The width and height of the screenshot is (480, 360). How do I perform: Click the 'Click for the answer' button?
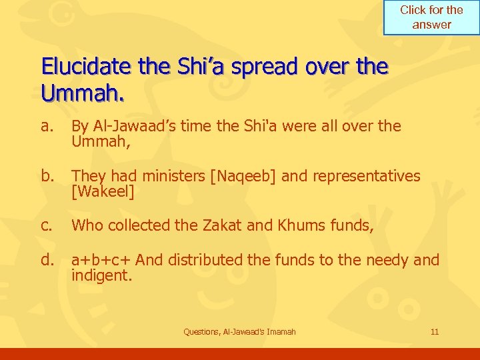431,17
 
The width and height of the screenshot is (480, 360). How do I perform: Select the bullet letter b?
47,176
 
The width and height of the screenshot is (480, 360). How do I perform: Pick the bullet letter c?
46,225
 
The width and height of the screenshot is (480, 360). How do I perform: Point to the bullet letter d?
47,259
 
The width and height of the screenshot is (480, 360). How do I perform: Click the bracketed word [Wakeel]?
103,193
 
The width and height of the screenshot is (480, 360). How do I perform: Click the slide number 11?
435,331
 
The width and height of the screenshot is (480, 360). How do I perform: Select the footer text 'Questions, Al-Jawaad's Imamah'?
240,331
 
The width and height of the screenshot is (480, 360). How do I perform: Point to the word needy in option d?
387,259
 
